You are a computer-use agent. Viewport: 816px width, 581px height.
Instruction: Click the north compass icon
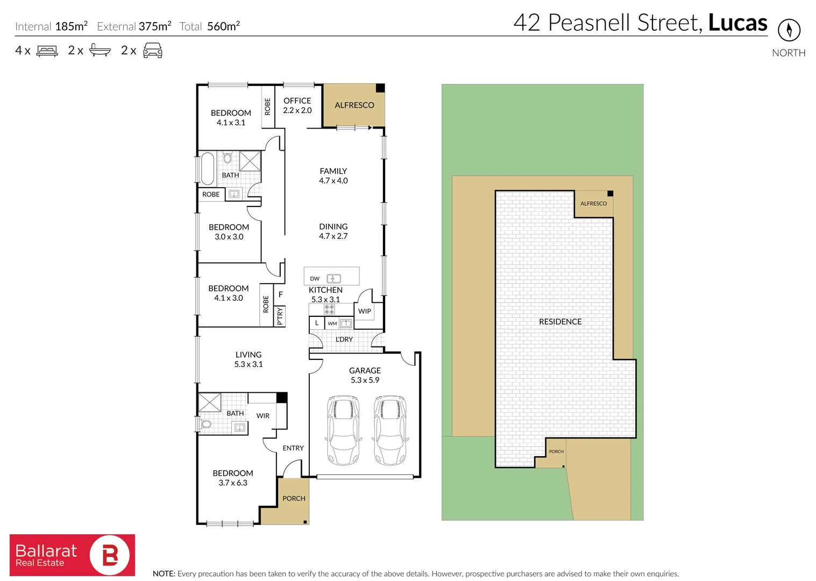pos(789,30)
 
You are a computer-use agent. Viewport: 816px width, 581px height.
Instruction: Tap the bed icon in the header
pos(47,51)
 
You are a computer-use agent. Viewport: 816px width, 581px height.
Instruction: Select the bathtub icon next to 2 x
pos(100,50)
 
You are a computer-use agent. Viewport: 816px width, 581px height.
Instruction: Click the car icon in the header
pos(153,50)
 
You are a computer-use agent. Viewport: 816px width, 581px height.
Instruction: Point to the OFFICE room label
pos(297,101)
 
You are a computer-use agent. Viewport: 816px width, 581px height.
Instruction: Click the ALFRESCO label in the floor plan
pos(354,105)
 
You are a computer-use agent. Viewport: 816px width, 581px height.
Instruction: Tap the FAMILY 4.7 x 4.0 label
pos(334,175)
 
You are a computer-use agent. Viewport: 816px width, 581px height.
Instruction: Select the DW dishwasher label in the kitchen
pos(315,279)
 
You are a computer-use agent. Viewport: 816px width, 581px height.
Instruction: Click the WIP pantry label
pos(365,311)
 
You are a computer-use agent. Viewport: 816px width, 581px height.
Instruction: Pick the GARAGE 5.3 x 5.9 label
pos(365,375)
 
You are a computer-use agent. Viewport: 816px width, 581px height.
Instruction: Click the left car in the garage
pos(343,430)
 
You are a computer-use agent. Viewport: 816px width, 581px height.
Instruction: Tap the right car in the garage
pos(390,430)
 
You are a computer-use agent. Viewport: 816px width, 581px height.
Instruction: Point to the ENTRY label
pos(293,448)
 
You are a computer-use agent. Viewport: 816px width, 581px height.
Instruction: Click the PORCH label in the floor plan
pos(294,498)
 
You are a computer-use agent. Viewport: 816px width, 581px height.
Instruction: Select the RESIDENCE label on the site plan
pos(560,322)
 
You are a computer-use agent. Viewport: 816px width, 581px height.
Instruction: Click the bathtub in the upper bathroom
pos(208,169)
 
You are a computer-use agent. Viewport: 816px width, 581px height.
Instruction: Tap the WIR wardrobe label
pos(263,416)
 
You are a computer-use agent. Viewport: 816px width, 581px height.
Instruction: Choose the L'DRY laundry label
pos(344,339)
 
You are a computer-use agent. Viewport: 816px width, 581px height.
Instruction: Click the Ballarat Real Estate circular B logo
pos(110,556)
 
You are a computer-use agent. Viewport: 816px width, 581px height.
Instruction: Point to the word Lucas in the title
pos(738,23)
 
